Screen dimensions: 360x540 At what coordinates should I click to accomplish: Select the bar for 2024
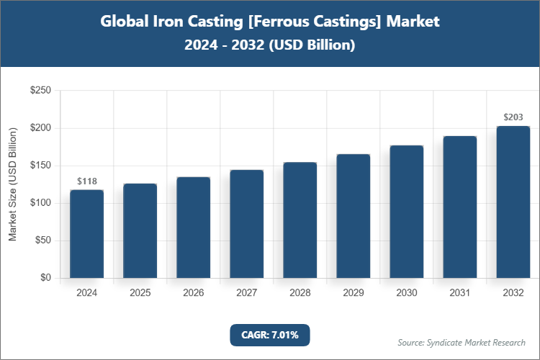coord(86,234)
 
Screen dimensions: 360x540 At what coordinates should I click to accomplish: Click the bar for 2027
coord(246,224)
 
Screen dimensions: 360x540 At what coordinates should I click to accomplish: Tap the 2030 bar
coord(406,212)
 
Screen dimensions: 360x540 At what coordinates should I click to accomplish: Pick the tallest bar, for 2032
coord(513,202)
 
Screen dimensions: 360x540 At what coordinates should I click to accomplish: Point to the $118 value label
coord(86,181)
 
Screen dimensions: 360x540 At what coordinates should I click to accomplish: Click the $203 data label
coord(513,117)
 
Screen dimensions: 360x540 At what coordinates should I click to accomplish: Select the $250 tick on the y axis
coord(40,91)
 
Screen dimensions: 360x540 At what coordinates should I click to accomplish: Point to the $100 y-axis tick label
coord(40,203)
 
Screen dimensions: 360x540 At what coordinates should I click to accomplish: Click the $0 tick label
coord(45,278)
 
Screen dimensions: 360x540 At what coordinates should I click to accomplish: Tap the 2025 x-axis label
coord(140,293)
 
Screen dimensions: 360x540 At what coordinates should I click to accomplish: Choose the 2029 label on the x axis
coord(353,293)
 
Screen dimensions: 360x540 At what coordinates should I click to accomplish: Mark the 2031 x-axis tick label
coord(459,293)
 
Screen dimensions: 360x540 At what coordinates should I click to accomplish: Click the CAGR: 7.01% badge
coord(270,335)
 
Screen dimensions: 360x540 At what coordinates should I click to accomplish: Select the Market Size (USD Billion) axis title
coord(12,184)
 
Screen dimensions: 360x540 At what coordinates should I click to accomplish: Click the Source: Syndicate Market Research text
coord(462,342)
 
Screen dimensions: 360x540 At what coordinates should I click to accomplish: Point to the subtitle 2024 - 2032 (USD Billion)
coord(270,45)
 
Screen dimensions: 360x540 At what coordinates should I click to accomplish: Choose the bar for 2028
coord(300,220)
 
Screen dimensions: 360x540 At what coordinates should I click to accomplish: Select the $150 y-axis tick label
coord(40,166)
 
